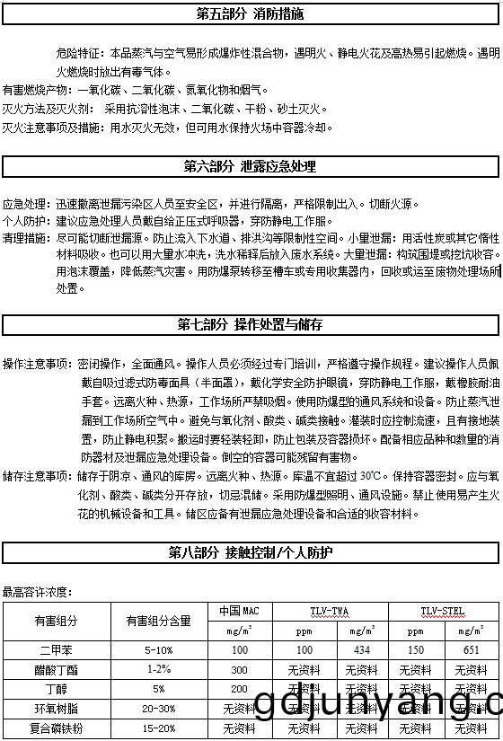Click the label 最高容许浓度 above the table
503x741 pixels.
tap(38, 592)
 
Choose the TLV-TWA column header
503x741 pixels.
tap(330, 611)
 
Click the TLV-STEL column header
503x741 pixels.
tap(443, 611)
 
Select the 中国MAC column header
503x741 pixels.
tap(239, 611)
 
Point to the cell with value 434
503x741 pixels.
tap(362, 649)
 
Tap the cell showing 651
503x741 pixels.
tap(472, 649)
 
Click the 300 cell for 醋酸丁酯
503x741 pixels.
tap(239, 669)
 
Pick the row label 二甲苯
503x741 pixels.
tap(56, 649)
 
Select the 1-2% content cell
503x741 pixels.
tap(158, 669)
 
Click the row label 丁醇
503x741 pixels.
tap(56, 689)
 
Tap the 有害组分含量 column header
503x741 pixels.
tap(158, 621)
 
